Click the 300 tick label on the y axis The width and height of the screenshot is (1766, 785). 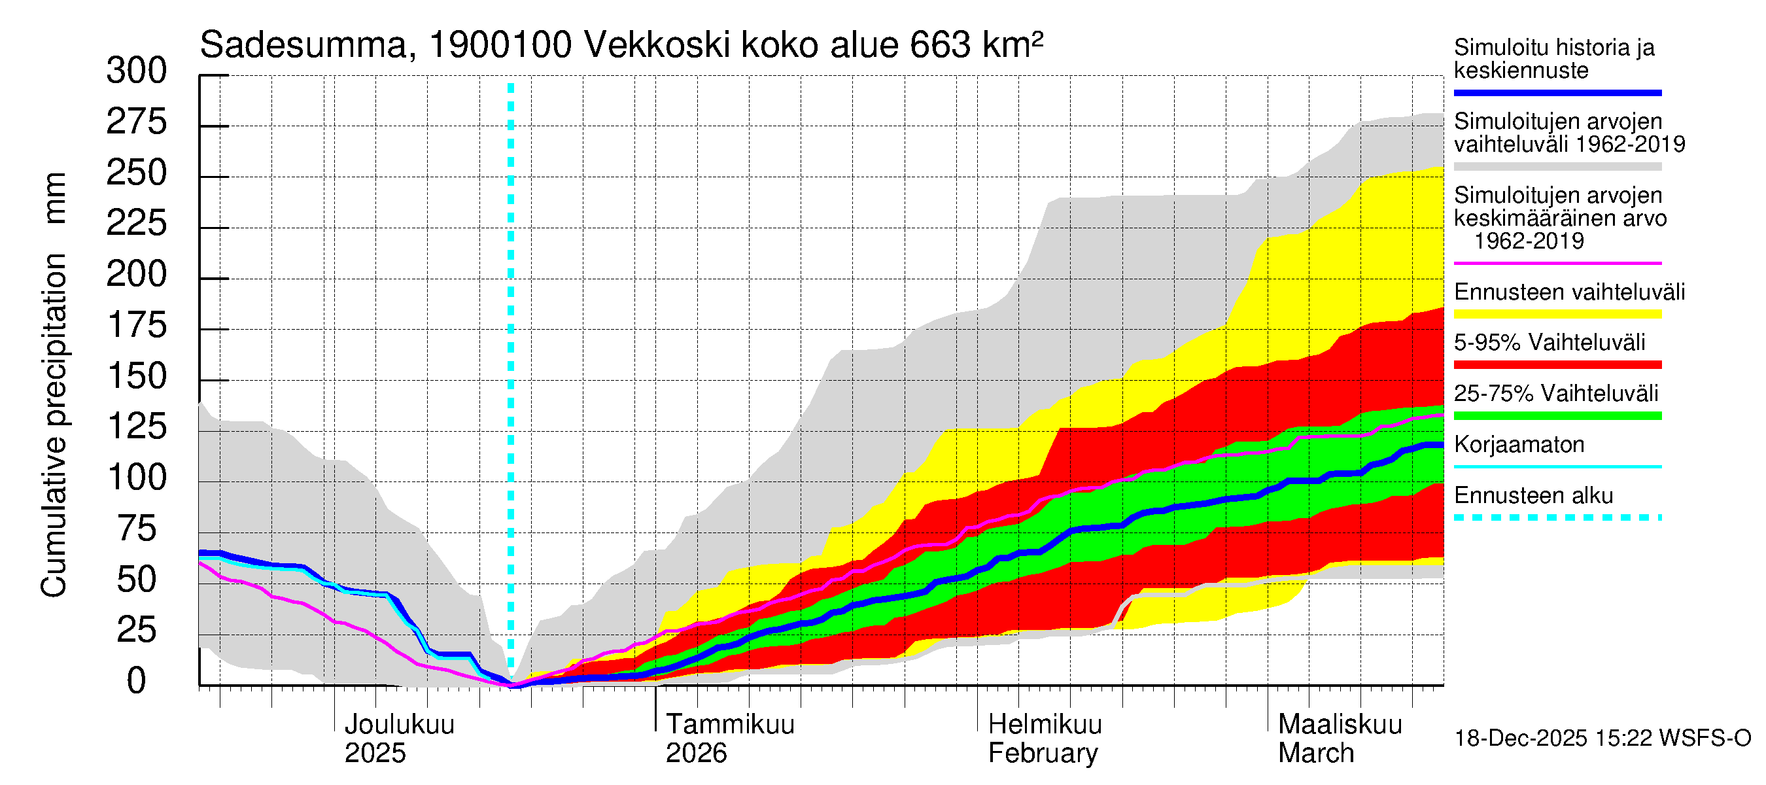pos(137,71)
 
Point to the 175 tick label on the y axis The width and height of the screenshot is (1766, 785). pos(137,326)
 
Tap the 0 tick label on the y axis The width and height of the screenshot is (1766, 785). pos(137,682)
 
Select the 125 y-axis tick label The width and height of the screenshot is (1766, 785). pos(137,427)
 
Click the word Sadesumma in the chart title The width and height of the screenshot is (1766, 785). pos(303,46)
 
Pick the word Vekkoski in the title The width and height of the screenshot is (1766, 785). pos(657,46)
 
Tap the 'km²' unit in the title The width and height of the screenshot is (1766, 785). pos(1013,44)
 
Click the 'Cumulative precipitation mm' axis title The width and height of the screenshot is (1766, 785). pos(55,384)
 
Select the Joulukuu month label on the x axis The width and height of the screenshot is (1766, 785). pos(399,725)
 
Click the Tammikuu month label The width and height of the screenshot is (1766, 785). pos(730,725)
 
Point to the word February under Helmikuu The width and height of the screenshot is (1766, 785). pos(1043,754)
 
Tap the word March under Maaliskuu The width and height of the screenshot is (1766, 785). pos(1315,754)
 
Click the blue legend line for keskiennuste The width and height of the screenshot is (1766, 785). pos(1557,92)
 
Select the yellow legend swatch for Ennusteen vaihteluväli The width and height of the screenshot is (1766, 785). pos(1557,315)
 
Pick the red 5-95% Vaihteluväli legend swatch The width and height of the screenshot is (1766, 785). pos(1557,365)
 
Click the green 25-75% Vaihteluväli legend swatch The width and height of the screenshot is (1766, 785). pos(1557,415)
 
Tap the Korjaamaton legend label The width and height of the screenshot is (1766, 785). pos(1519,445)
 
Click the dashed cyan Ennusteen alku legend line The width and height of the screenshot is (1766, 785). pos(1557,517)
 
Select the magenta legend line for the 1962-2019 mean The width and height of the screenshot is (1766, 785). pos(1557,263)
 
